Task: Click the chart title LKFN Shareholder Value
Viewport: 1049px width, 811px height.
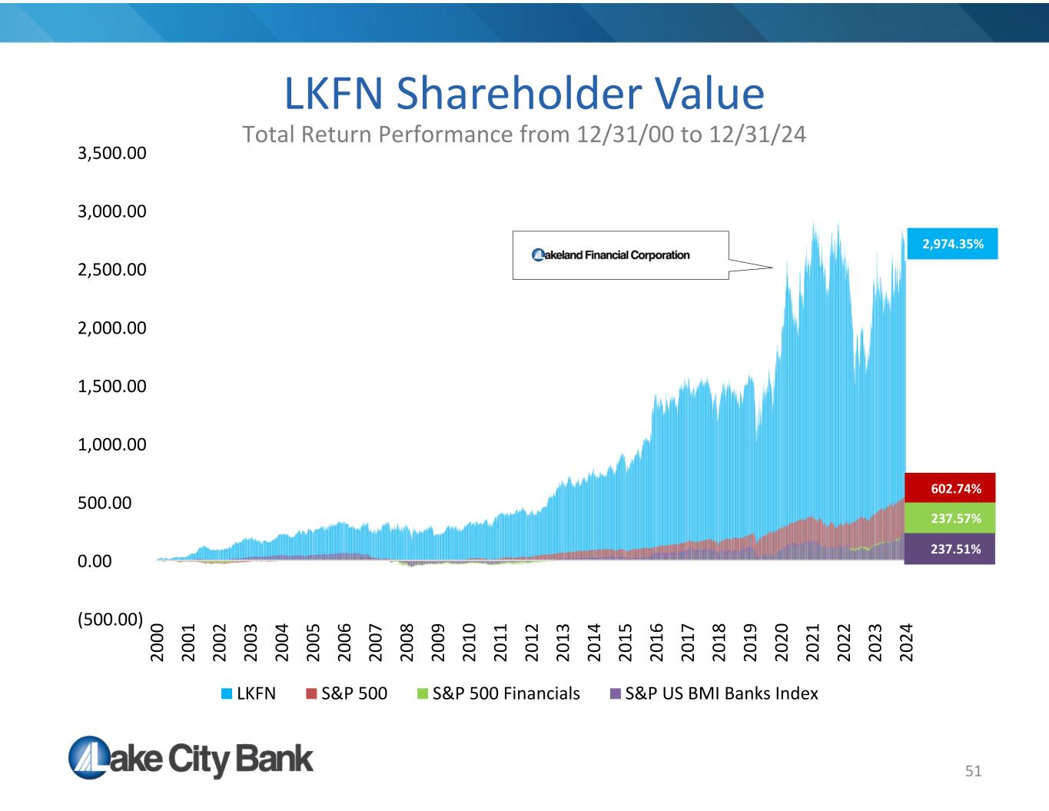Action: click(x=524, y=93)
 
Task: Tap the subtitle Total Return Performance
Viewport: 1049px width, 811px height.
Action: click(x=524, y=135)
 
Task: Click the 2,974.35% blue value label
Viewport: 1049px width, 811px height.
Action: click(x=952, y=244)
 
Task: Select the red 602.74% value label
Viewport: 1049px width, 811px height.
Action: click(x=950, y=488)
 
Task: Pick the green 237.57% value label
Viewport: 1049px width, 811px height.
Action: click(x=950, y=518)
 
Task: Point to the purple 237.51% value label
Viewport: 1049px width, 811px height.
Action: click(x=950, y=548)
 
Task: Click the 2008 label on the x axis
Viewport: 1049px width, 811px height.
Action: click(x=407, y=643)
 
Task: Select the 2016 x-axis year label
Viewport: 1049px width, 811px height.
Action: click(x=656, y=643)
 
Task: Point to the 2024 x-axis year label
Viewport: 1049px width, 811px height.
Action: click(x=906, y=643)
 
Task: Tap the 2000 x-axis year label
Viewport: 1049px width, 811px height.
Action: click(x=157, y=643)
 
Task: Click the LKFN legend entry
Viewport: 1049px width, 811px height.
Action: click(x=248, y=693)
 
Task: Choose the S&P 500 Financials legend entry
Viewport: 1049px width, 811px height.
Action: click(x=498, y=693)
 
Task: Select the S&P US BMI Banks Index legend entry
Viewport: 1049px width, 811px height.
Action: click(x=714, y=693)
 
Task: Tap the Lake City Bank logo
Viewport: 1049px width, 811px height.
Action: click(x=191, y=758)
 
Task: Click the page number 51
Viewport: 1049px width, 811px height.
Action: click(x=973, y=771)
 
